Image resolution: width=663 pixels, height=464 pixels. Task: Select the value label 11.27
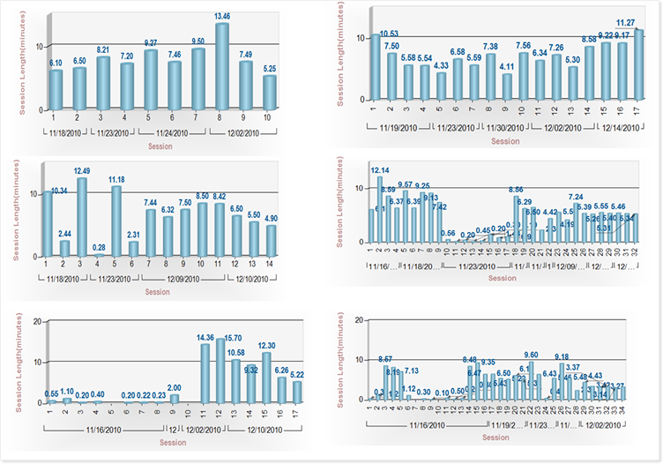(624, 24)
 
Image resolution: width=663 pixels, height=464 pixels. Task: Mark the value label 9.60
(531, 355)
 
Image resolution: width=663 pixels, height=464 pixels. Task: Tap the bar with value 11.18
(115, 221)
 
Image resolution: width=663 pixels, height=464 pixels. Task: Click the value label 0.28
(99, 249)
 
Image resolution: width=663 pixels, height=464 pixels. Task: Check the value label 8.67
(385, 359)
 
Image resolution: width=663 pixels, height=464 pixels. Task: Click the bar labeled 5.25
(269, 92)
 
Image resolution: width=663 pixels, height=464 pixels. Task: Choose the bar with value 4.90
(271, 241)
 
